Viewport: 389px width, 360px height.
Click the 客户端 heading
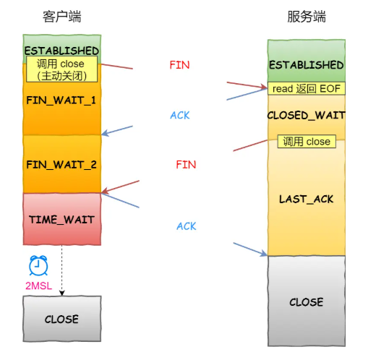pyautogui.click(x=62, y=17)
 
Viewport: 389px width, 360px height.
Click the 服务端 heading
pyautogui.click(x=307, y=17)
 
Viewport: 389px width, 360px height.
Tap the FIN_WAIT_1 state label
pyautogui.click(x=61, y=100)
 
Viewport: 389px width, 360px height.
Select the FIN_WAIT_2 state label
pyautogui.click(x=61, y=165)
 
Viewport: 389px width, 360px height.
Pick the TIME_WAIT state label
pyautogui.click(x=61, y=220)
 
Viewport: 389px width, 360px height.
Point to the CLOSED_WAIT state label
pyautogui.click(x=307, y=116)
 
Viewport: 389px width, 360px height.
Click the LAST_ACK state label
pyautogui.click(x=307, y=200)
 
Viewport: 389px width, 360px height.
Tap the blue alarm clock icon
pyautogui.click(x=38, y=265)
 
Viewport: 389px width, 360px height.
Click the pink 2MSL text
pyautogui.click(x=39, y=286)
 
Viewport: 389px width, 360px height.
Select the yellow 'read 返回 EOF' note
pyautogui.click(x=307, y=89)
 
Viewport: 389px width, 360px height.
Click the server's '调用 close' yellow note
pyautogui.click(x=307, y=142)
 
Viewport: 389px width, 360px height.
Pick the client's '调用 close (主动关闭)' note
pyautogui.click(x=61, y=69)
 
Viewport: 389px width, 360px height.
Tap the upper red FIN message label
pyautogui.click(x=179, y=65)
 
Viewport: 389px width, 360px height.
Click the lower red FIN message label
pyautogui.click(x=186, y=165)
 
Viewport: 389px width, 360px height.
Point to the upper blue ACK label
pyautogui.click(x=180, y=116)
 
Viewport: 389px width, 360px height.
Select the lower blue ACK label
pyautogui.click(x=187, y=226)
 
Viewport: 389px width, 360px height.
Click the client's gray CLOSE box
pyautogui.click(x=62, y=319)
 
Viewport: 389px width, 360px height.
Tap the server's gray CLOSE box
pyautogui.click(x=307, y=301)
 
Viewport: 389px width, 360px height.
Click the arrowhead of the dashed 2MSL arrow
pyautogui.click(x=62, y=293)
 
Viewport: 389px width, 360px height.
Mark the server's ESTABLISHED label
pyautogui.click(x=307, y=65)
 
